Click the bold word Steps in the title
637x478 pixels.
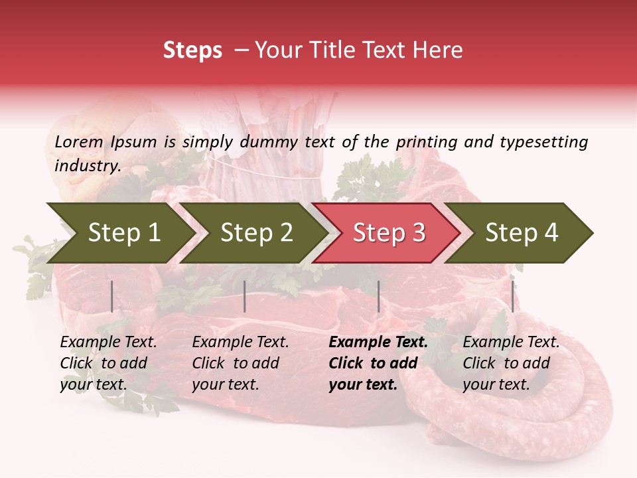click(x=192, y=50)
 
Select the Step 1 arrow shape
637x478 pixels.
click(x=119, y=233)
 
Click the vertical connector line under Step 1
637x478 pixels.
click(x=111, y=296)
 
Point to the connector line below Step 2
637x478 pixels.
click(x=245, y=296)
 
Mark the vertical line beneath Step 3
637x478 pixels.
click(x=378, y=296)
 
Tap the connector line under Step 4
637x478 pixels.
click(x=512, y=296)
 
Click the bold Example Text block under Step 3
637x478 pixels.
click(x=378, y=363)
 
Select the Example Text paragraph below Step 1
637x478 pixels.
click(x=108, y=363)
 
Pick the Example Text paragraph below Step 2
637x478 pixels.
click(x=240, y=363)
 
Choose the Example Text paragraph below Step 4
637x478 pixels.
click(x=511, y=363)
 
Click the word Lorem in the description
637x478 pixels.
click(x=79, y=142)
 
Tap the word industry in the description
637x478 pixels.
click(x=87, y=166)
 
